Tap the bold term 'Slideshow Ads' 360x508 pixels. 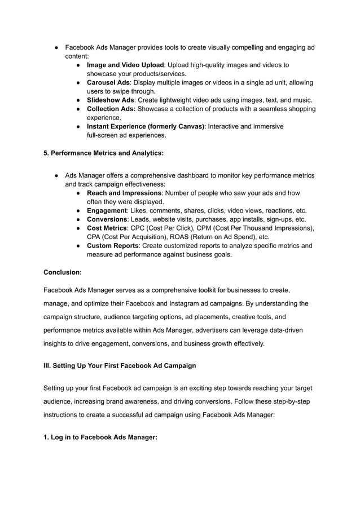coord(110,100)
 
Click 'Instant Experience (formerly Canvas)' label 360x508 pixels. coord(146,126)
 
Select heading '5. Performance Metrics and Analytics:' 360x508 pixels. coord(104,153)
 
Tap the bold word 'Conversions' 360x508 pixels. coord(107,219)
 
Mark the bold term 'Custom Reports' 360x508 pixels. coord(112,245)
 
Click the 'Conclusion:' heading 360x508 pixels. coord(63,272)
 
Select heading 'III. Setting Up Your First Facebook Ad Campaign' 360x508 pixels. coord(120,365)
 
